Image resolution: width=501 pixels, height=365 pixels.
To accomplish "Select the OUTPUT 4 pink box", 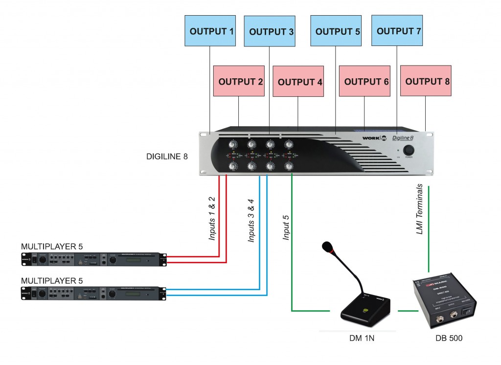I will [x=300, y=82].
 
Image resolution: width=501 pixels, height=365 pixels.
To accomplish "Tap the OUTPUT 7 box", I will [x=399, y=31].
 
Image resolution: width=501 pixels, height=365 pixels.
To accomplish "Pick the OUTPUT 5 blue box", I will [x=338, y=31].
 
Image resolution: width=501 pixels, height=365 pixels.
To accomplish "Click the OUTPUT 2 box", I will [x=241, y=81].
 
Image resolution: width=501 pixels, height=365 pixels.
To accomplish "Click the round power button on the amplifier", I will [x=408, y=149].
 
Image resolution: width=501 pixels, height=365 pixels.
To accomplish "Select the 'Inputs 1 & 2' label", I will [x=212, y=219].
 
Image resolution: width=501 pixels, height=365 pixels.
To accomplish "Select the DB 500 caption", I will [x=449, y=339].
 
